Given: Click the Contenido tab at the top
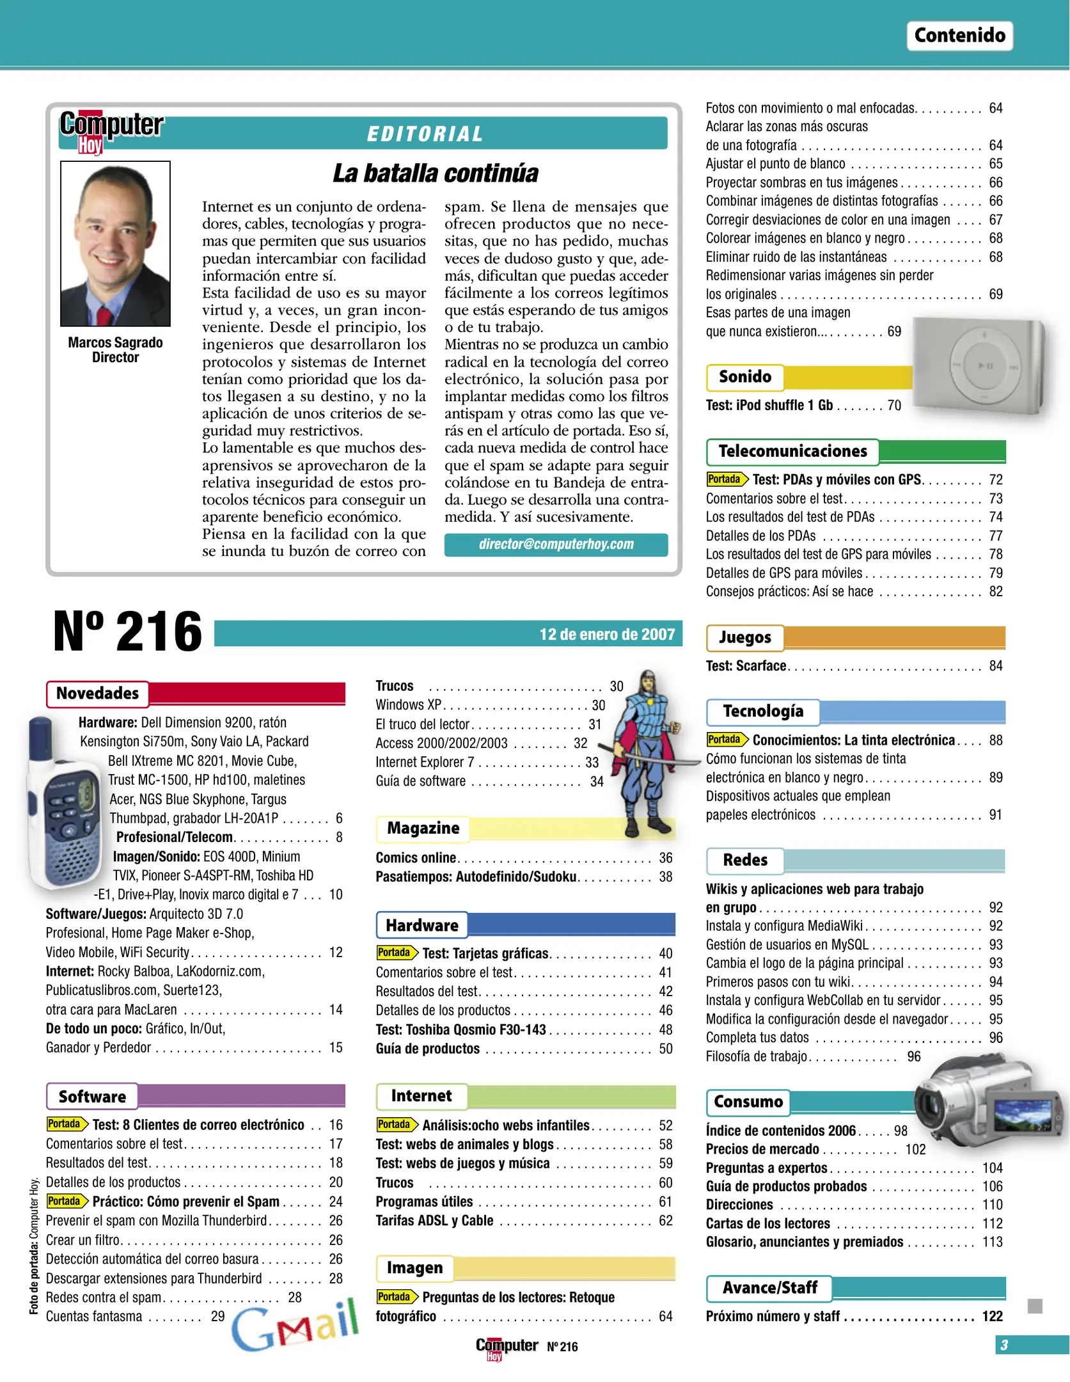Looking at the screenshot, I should tap(959, 35).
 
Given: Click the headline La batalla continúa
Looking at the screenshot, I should tap(435, 173).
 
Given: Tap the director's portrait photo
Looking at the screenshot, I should tap(115, 243).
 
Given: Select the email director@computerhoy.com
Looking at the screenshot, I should tap(556, 544).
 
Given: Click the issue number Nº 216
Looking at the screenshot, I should tap(127, 632).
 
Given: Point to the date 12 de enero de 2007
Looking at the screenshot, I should tap(606, 634).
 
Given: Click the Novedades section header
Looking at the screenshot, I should tap(97, 694).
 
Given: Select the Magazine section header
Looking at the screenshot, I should tap(423, 829).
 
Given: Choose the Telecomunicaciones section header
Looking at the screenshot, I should tap(792, 452).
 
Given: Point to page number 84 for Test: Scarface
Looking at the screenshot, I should tap(995, 666).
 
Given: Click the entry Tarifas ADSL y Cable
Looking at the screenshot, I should tap(434, 1221).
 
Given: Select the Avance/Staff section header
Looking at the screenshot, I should tap(769, 1288).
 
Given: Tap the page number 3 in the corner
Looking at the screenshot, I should tap(1004, 1346).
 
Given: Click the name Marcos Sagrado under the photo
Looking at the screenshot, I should tap(115, 343).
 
